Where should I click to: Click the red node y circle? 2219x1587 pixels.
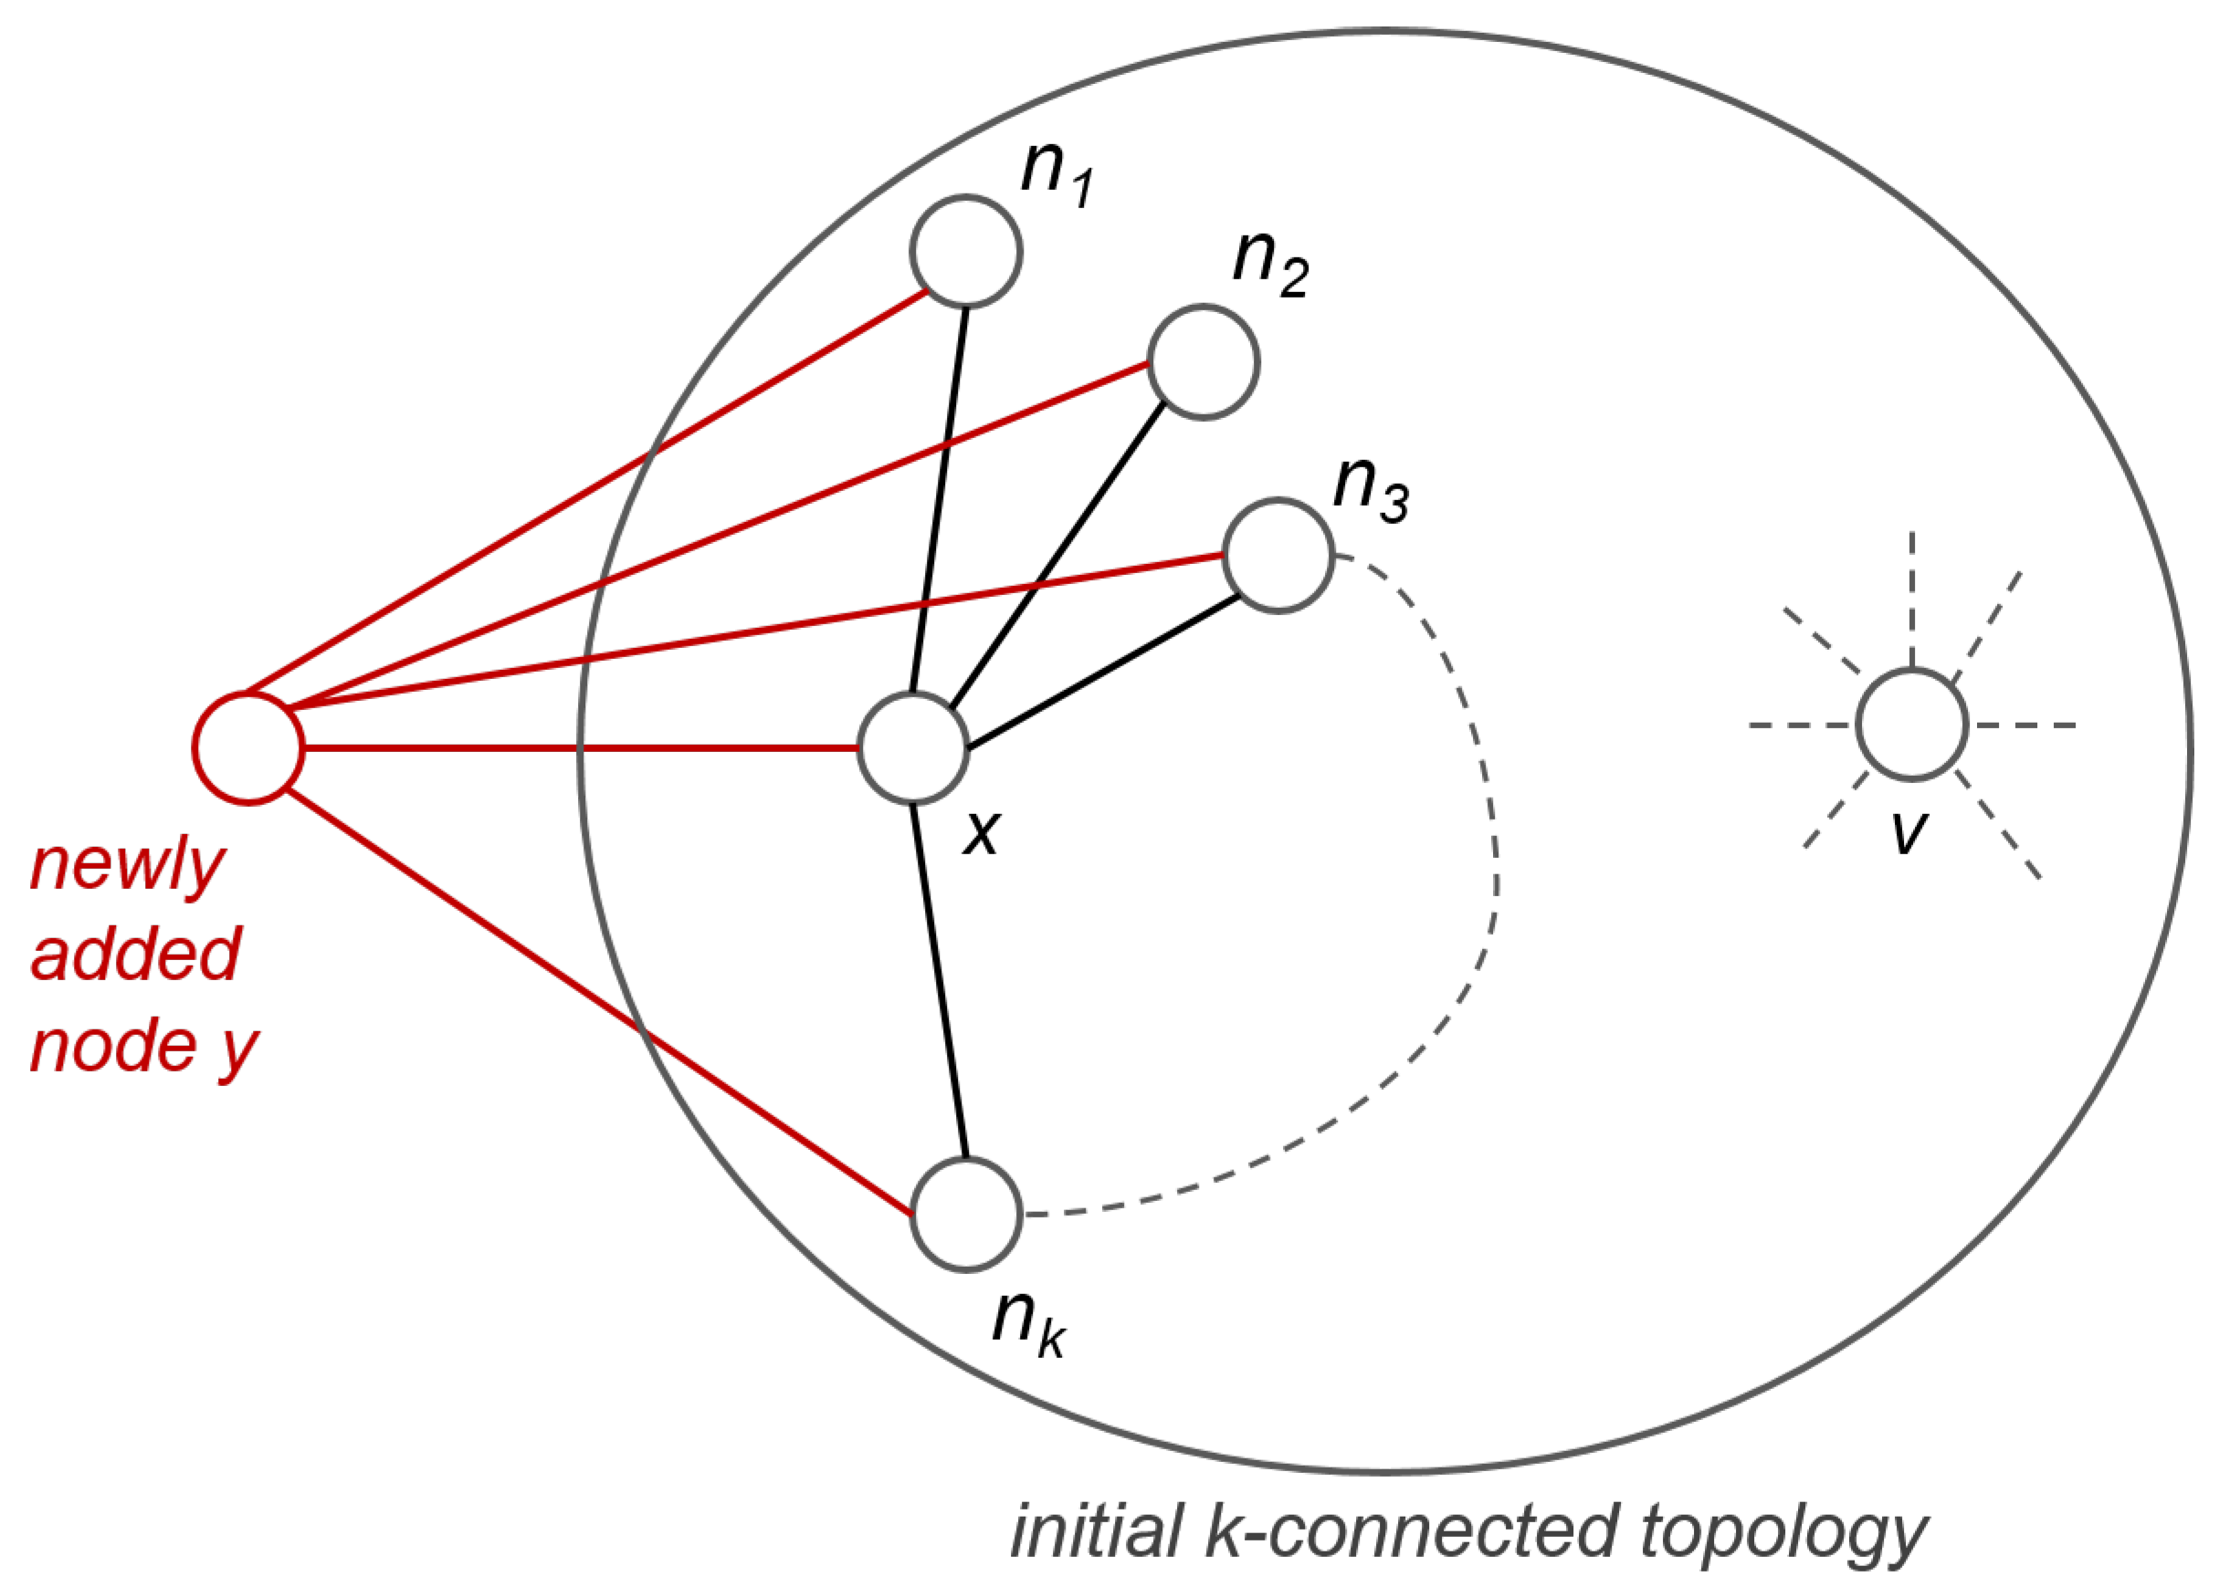(247, 748)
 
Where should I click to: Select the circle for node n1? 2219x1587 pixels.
(966, 252)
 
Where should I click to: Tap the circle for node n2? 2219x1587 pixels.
(1203, 362)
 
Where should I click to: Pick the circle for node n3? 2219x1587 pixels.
(1278, 556)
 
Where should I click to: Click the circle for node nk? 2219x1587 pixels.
(966, 1215)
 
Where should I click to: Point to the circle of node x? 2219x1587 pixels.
(913, 748)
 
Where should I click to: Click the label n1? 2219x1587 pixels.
(1056, 174)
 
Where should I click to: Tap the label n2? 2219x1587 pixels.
(1268, 264)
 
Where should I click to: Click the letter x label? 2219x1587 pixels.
(982, 833)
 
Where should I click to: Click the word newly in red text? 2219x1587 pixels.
(128, 867)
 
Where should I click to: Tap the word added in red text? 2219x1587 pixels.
(136, 955)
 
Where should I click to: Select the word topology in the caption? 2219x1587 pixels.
(1783, 1532)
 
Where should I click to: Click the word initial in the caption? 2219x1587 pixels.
(1096, 1530)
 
